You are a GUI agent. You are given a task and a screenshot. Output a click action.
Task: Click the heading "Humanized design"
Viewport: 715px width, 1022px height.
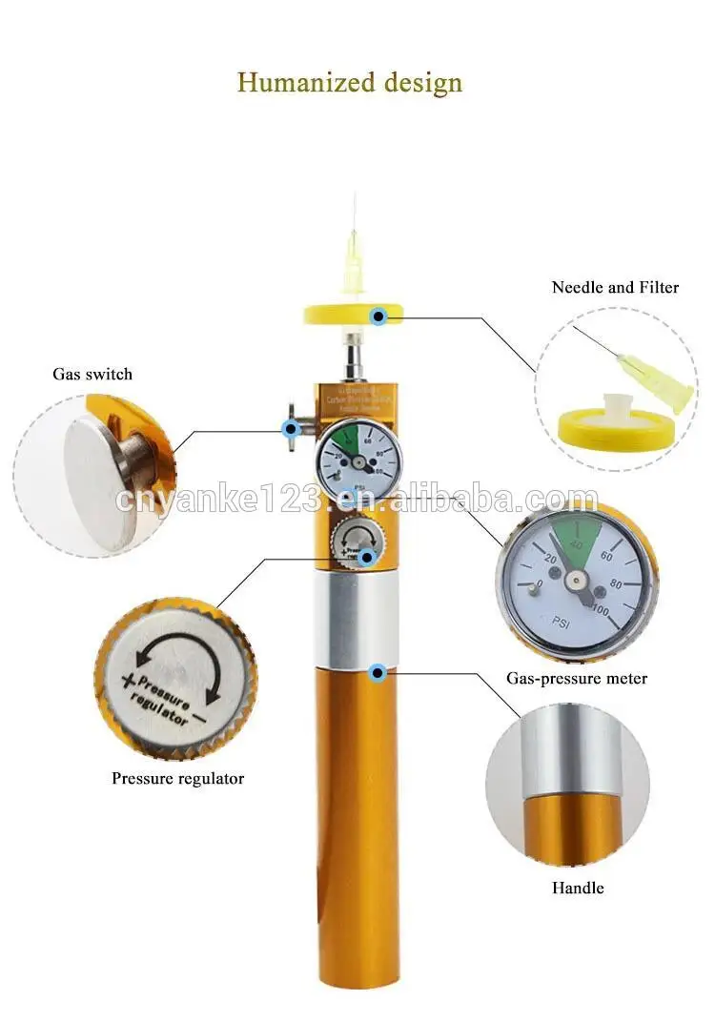(350, 82)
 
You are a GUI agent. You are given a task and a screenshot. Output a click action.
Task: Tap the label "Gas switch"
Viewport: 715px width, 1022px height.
(92, 375)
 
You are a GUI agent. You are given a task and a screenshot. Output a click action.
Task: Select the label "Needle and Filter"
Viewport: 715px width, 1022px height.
(615, 287)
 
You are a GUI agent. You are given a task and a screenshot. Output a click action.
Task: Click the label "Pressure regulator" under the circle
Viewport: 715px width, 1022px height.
(178, 779)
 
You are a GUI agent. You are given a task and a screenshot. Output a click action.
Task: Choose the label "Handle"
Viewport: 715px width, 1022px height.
(578, 889)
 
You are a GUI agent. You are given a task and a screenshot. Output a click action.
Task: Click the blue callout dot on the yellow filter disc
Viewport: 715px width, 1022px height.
(378, 316)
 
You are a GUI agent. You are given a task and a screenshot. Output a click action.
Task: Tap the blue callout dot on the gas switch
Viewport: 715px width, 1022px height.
(290, 428)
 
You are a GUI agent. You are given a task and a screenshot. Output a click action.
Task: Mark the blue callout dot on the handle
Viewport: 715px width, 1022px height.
(378, 672)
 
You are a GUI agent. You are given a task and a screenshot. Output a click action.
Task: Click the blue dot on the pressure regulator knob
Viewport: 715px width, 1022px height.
(365, 555)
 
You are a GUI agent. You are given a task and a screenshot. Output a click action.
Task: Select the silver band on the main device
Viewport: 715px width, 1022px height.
(357, 620)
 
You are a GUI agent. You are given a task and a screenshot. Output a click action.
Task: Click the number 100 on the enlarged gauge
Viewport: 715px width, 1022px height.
(602, 609)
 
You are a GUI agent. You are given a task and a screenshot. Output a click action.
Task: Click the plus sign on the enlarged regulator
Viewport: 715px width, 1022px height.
(125, 678)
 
